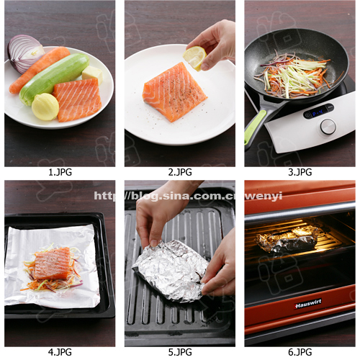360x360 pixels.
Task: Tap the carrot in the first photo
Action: tap(40, 70)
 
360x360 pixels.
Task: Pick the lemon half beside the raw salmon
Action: tap(45, 107)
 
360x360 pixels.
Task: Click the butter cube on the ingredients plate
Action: tap(91, 73)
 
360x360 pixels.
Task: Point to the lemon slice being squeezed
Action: tap(194, 58)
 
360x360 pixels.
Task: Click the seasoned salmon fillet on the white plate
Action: tap(174, 91)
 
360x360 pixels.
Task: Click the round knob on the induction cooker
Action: tap(328, 127)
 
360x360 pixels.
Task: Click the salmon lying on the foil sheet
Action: tap(53, 263)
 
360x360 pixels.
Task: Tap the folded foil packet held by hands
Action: tap(171, 271)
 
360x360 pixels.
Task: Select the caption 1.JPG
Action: tap(60, 172)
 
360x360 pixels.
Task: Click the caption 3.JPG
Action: tap(300, 172)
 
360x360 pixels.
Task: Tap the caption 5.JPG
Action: tap(179, 352)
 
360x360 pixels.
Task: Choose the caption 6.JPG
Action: tap(300, 352)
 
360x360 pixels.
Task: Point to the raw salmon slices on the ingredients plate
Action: tap(78, 99)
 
